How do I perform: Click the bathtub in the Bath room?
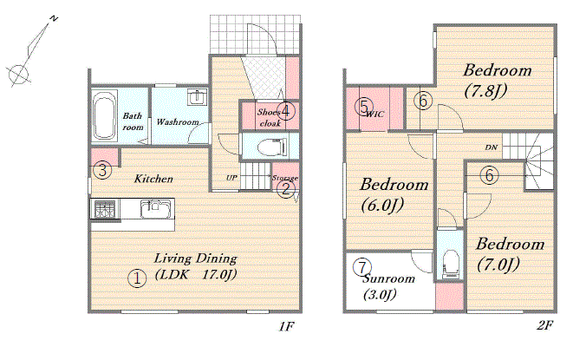click(x=105, y=116)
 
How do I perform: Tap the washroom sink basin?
click(x=198, y=97)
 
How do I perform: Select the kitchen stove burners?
click(x=105, y=209)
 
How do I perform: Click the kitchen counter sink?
click(x=155, y=209)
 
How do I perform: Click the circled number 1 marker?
click(x=137, y=278)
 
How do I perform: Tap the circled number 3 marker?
click(x=102, y=170)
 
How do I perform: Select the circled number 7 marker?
click(x=362, y=267)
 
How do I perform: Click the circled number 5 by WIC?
click(x=364, y=107)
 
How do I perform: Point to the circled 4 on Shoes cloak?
click(x=286, y=110)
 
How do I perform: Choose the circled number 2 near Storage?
click(x=286, y=189)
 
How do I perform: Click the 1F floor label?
click(x=286, y=326)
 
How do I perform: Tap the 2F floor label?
click(x=545, y=325)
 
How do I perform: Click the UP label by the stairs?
click(x=231, y=178)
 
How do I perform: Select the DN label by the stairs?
click(x=492, y=147)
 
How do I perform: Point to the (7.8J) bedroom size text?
click(x=485, y=90)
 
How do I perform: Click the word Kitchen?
click(x=153, y=179)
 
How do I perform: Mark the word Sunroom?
click(x=389, y=278)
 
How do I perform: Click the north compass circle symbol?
click(x=18, y=75)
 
